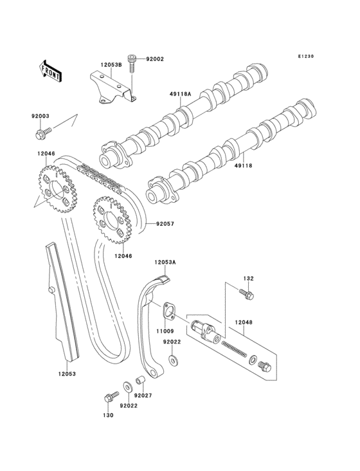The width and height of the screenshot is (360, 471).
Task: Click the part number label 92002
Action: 155,59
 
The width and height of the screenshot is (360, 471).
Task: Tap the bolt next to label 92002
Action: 132,62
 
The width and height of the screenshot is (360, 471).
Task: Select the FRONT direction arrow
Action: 51,69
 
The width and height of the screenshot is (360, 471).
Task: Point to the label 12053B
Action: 110,65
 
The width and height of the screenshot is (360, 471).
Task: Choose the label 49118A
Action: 181,94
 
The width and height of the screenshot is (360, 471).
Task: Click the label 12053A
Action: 164,262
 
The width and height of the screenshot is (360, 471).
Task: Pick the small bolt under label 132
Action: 247,295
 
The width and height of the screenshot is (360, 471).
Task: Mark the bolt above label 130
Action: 109,397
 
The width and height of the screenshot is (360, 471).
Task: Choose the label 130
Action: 107,416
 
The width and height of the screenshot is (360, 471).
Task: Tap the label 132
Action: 248,278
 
